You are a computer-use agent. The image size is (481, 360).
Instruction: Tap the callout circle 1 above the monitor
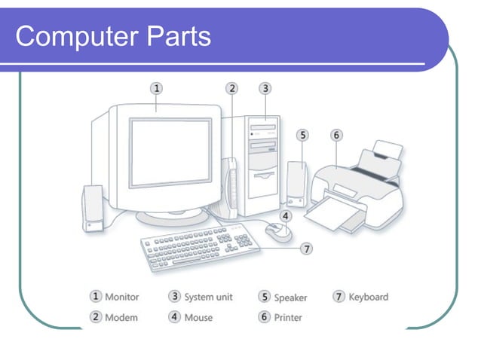[156, 88]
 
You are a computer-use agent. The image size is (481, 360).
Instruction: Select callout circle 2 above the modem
[232, 88]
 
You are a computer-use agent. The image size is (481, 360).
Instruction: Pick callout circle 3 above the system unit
[265, 88]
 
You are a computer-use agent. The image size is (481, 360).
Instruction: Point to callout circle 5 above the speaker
[302, 136]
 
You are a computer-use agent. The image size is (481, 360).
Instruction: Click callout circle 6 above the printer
[336, 136]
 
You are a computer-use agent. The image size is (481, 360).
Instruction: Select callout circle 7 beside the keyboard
[306, 248]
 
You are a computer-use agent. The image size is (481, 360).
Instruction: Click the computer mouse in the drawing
[278, 233]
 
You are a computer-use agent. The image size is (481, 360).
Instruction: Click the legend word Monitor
[122, 297]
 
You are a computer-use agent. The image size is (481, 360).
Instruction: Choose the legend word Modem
[121, 317]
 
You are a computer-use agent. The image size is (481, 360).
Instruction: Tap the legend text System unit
[209, 297]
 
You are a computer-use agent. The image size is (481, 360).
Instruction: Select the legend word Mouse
[198, 317]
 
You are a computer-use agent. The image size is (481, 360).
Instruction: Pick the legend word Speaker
[290, 297]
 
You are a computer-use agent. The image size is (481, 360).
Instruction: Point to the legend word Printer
[288, 317]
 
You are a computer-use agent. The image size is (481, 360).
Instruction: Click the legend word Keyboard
[368, 297]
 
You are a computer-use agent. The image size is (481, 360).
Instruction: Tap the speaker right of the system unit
[296, 184]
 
